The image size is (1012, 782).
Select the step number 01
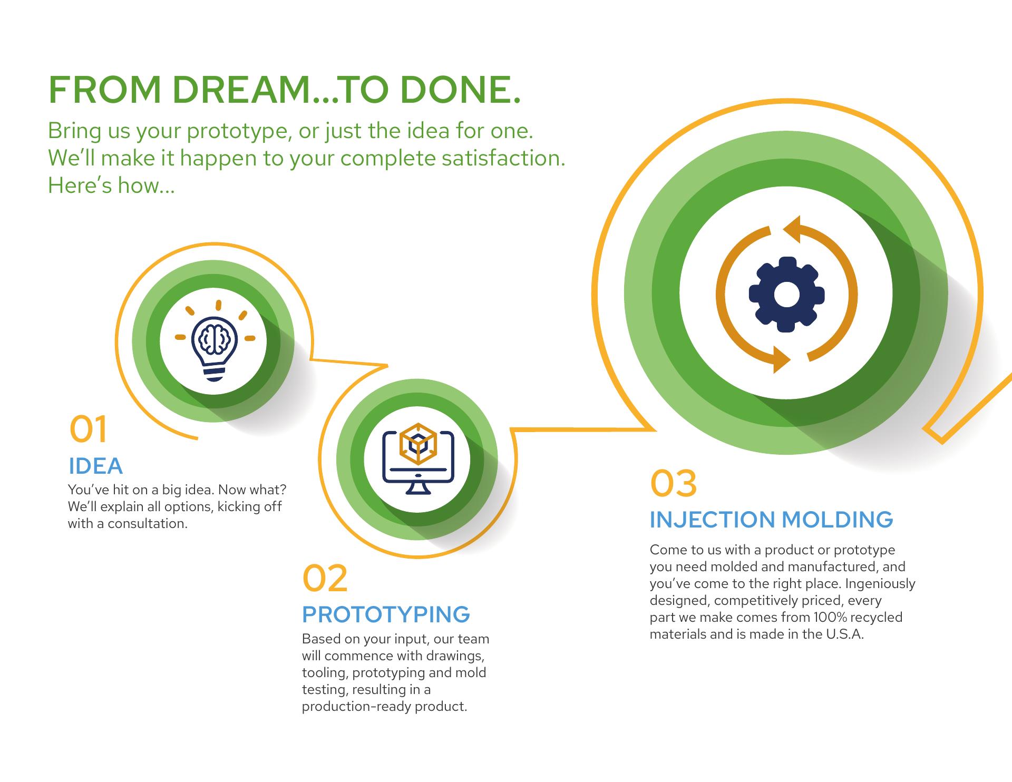(x=88, y=429)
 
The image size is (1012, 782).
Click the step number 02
(x=325, y=578)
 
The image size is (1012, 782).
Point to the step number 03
(x=673, y=483)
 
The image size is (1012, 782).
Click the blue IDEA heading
(x=96, y=466)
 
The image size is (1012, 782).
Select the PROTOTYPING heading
(x=386, y=614)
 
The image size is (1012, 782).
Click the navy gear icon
(x=786, y=295)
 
